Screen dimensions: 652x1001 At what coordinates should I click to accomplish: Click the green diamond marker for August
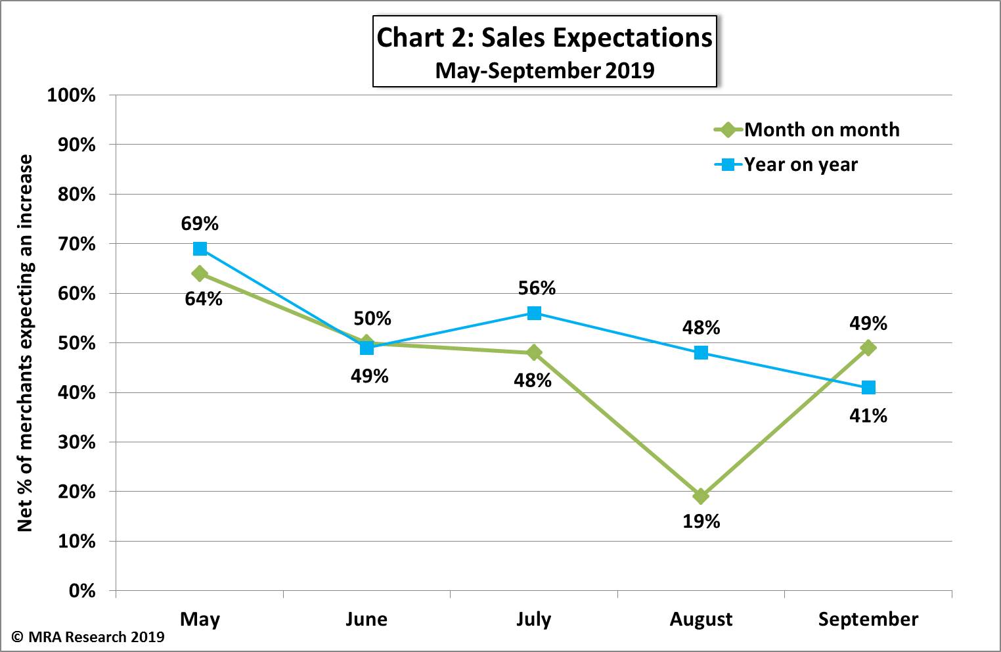coord(701,496)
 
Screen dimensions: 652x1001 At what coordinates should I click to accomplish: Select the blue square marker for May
coord(200,248)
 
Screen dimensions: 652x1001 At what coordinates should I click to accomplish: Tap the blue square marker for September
coord(868,387)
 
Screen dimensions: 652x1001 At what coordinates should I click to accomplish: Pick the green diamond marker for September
coord(868,347)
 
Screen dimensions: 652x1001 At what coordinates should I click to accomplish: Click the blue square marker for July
coord(534,313)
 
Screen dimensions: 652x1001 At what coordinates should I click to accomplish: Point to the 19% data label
coord(701,521)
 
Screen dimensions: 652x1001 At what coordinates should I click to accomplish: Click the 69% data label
coord(200,223)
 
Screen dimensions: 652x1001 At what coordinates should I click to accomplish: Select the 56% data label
coord(537,288)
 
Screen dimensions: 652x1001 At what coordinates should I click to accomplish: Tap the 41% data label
coord(868,415)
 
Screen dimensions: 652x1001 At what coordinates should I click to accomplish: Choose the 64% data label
coord(204,299)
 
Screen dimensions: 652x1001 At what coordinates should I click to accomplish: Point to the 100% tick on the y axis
coord(71,95)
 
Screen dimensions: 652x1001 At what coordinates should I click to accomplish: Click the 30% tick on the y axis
coord(76,442)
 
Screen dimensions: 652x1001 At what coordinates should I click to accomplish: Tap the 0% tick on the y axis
coord(81,591)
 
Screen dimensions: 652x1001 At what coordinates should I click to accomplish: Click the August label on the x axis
coord(701,619)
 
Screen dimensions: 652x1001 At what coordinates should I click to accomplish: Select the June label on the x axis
coord(367,619)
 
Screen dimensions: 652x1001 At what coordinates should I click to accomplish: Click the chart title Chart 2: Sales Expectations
coord(544,38)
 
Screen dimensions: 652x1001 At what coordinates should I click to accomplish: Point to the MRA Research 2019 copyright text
coord(88,637)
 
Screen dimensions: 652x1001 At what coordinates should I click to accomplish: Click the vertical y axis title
coord(25,342)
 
